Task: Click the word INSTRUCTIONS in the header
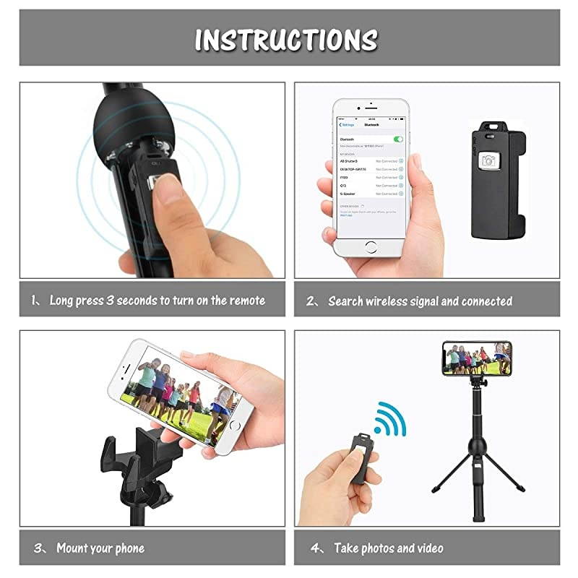(x=286, y=40)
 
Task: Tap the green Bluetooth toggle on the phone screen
(x=397, y=138)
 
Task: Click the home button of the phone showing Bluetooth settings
(x=371, y=246)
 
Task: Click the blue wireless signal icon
(x=391, y=418)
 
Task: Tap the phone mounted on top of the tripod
(x=477, y=358)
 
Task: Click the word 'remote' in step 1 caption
(x=247, y=300)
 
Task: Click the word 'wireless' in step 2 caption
(x=394, y=301)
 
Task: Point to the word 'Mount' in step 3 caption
(x=74, y=548)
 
